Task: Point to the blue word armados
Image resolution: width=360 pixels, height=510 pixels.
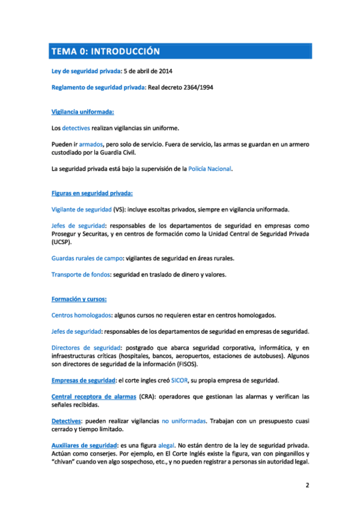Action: [x=91, y=144]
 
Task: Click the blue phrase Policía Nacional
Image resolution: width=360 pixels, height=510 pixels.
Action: [x=210, y=169]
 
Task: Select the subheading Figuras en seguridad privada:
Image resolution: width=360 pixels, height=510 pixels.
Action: [x=92, y=193]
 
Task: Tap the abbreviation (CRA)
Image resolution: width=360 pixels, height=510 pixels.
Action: [x=148, y=397]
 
